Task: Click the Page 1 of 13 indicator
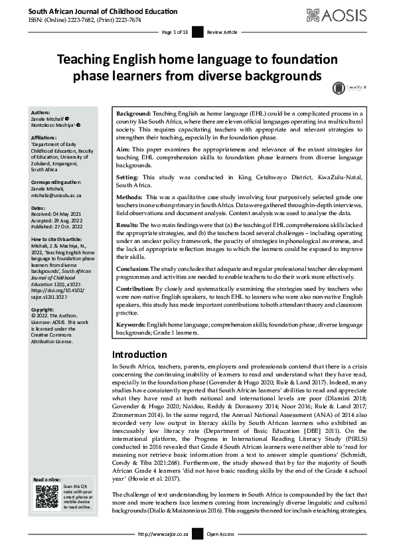tap(175, 31)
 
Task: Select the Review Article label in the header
tap(221, 31)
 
